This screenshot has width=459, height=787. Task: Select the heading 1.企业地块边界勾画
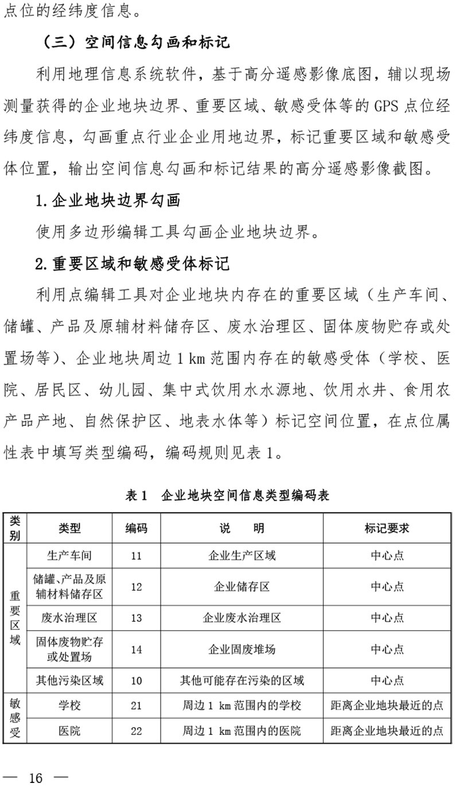pyautogui.click(x=107, y=200)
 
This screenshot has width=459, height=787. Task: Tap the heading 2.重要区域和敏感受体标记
pyautogui.click(x=132, y=263)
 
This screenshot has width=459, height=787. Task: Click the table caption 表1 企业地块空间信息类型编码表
pyautogui.click(x=227, y=495)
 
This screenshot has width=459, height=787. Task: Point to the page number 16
pyautogui.click(x=36, y=777)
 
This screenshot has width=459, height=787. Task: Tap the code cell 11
pyautogui.click(x=136, y=556)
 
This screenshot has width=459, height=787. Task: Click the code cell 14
pyautogui.click(x=136, y=649)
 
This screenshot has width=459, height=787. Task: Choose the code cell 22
pyautogui.click(x=136, y=731)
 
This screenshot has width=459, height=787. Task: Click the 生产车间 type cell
pyautogui.click(x=69, y=556)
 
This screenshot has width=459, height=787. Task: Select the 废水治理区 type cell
pyautogui.click(x=69, y=618)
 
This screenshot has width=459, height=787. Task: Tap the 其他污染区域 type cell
pyautogui.click(x=69, y=681)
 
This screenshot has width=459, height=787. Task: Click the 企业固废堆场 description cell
pyautogui.click(x=242, y=649)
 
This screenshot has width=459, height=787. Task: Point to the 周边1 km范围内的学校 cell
pyautogui.click(x=242, y=705)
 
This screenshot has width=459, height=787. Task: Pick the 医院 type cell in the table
pyautogui.click(x=69, y=731)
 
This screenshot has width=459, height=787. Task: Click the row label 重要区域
pyautogui.click(x=15, y=618)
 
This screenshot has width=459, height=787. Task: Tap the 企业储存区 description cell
pyautogui.click(x=242, y=587)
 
